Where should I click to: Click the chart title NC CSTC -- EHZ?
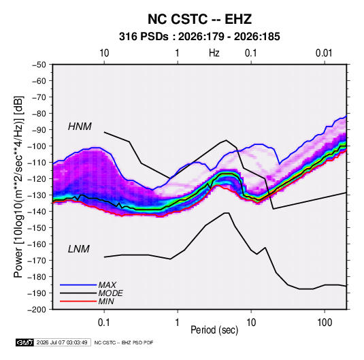pos(199,19)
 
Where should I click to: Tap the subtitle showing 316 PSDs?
pos(199,37)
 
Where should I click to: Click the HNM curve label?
pos(80,127)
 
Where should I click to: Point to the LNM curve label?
pos(79,249)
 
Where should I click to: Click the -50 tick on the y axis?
pos(39,65)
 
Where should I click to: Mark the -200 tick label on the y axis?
pos(37,310)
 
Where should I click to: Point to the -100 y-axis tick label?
pos(37,146)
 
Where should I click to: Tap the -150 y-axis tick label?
pos(37,228)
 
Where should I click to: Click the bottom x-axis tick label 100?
pos(324,323)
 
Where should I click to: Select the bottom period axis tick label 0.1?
pos(104,323)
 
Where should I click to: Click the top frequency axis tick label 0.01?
pos(324,53)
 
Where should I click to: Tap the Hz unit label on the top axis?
pos(214,53)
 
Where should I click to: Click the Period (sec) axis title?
pos(214,330)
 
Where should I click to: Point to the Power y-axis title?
pos(18,186)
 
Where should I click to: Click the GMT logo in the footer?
pos(24,342)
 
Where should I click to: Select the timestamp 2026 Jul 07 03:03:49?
pos(62,342)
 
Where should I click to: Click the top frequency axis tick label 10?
pos(104,53)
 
